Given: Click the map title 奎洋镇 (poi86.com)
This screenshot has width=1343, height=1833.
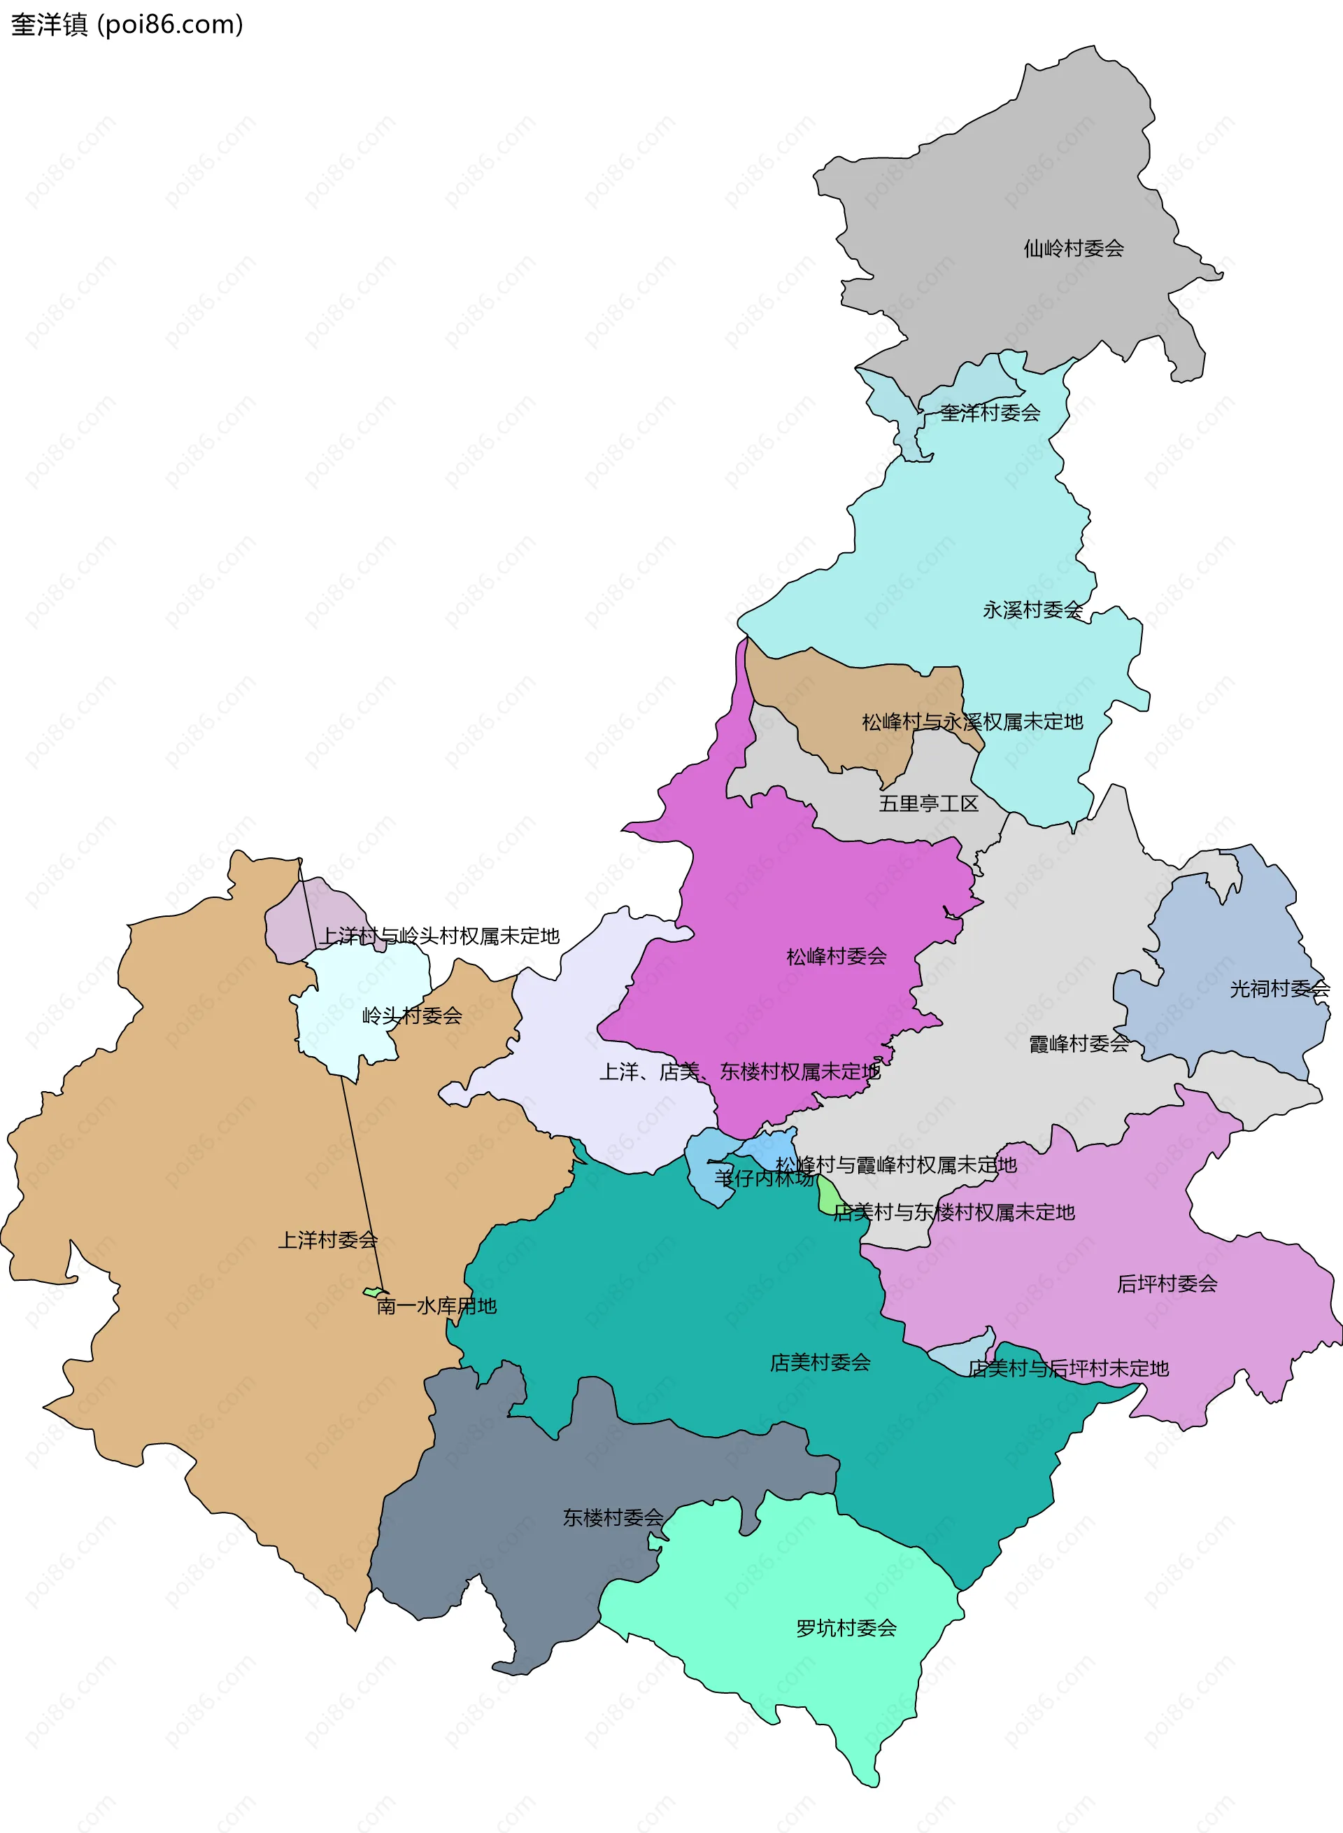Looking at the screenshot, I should click(127, 24).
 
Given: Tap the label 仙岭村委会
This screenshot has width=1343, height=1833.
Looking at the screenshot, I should click(1073, 248).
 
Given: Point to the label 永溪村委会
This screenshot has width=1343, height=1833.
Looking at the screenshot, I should click(1032, 610).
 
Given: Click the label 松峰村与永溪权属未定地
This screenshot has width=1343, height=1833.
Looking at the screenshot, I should click(972, 722).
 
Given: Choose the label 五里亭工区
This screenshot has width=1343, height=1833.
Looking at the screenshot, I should click(928, 803).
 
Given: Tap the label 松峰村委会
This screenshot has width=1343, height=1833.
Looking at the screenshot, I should click(837, 956).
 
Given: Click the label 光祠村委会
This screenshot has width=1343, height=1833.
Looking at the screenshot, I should click(1279, 989).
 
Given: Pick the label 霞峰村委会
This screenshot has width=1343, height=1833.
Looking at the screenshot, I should click(1079, 1044).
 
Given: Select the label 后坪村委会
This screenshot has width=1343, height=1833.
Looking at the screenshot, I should click(1167, 1284).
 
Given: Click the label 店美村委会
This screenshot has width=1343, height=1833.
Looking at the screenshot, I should click(820, 1362).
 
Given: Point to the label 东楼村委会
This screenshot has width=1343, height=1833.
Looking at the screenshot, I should click(613, 1517).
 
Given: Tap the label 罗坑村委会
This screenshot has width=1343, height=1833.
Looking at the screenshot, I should click(846, 1628).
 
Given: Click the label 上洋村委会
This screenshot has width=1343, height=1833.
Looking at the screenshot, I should click(327, 1240).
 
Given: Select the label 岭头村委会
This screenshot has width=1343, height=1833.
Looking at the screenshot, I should click(411, 1016).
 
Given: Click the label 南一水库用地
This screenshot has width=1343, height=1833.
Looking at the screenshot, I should click(436, 1306).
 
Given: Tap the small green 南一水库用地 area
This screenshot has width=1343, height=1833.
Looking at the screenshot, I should click(373, 1291).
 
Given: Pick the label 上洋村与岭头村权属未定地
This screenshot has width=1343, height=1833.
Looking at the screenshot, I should click(439, 936).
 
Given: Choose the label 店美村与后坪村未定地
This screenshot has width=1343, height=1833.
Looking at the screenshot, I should click(1068, 1369).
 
